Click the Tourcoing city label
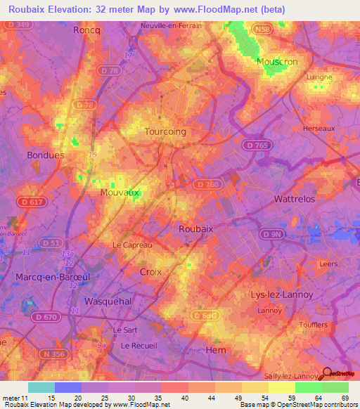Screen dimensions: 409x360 tap(165, 131)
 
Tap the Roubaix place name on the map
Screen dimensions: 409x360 tap(195, 228)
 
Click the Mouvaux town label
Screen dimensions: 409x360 tap(120, 192)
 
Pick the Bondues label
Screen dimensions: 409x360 tap(45, 155)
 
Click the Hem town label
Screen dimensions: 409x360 tap(214, 349)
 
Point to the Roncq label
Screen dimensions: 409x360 tap(87, 31)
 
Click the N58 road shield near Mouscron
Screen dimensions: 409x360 tap(261, 30)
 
